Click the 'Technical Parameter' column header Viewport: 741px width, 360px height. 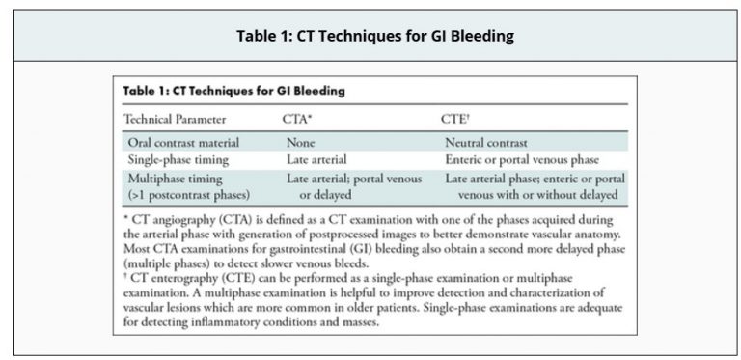174,119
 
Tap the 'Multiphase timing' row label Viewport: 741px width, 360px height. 175,179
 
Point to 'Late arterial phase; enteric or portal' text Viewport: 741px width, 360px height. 535,179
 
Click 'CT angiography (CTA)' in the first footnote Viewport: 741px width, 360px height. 187,220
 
